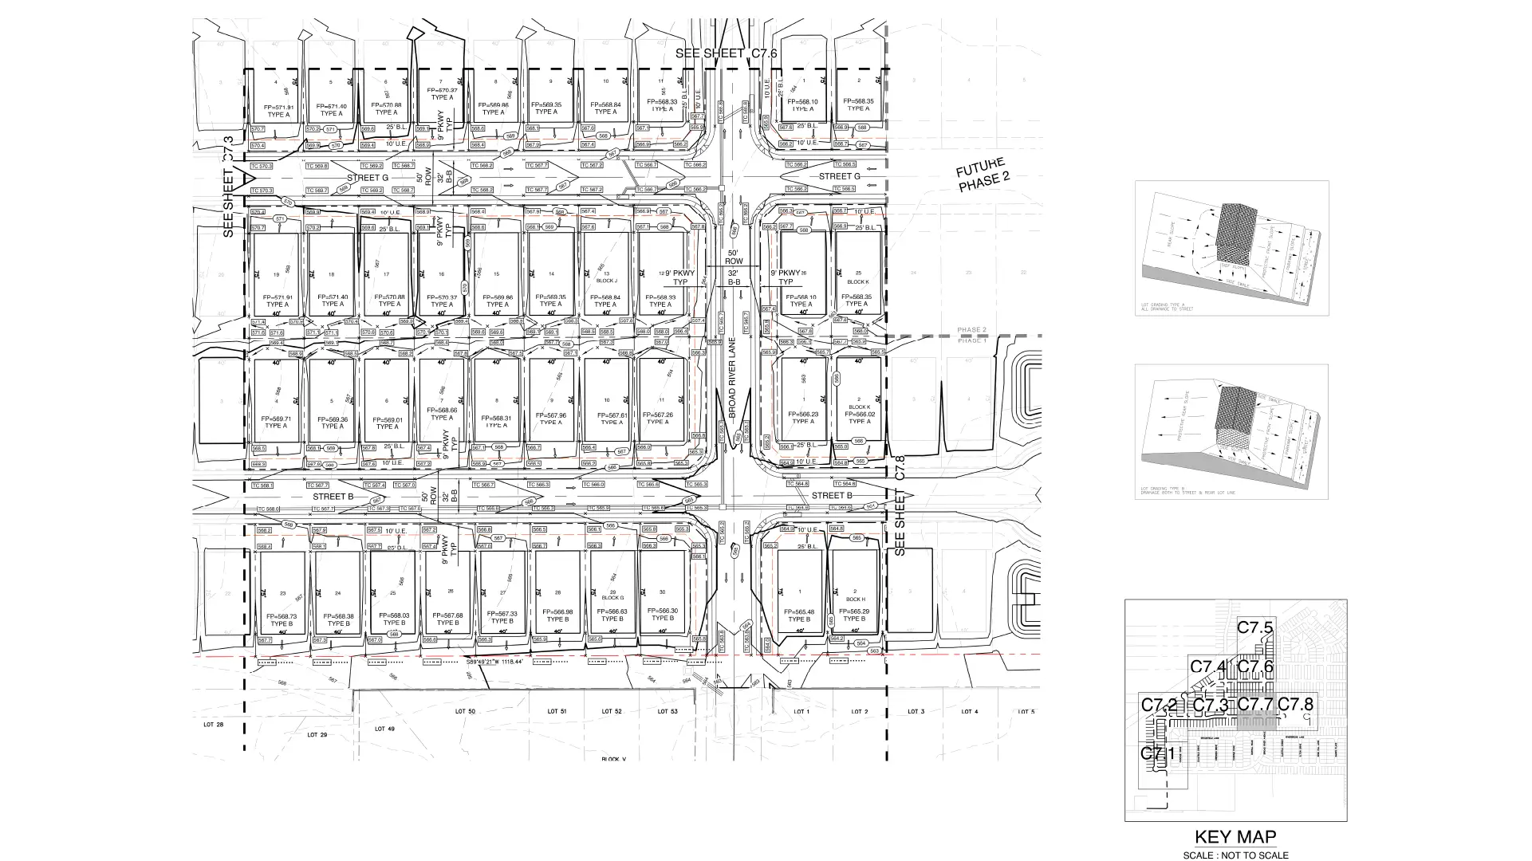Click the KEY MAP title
pos(1235,837)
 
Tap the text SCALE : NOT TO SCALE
pos(1236,855)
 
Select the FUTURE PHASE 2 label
pos(983,175)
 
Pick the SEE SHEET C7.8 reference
pos(900,505)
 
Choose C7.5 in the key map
pos(1254,627)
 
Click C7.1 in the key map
pos(1158,753)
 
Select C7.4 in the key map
pos(1207,666)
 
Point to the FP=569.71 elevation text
pos(276,418)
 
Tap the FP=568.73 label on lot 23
pos(282,616)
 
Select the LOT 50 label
pos(465,711)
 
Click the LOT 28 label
pos(215,725)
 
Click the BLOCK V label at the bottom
pos(614,760)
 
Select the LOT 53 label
pos(668,711)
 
